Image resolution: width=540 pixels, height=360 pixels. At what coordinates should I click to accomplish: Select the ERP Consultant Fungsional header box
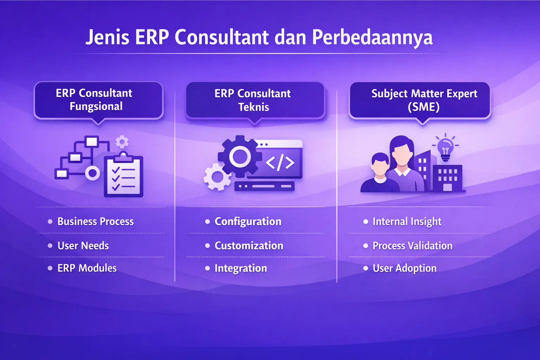98,100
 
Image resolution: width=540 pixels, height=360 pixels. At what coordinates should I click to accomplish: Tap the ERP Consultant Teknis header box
255,100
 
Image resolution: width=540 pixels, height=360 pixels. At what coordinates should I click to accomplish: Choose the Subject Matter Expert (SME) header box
420,100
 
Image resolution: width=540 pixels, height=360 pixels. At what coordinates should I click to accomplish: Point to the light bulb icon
445,148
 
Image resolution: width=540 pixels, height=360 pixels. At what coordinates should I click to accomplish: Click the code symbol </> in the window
280,162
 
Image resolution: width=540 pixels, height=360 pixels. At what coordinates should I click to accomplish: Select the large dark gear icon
240,156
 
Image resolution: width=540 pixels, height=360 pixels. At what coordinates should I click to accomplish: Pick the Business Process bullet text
95,221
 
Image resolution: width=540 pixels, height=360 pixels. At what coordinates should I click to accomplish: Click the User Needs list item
83,246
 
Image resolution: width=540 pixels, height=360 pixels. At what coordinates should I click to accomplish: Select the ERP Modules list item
87,268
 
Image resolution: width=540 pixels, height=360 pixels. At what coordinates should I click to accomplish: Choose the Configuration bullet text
248,221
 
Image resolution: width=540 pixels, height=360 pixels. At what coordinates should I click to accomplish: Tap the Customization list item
249,246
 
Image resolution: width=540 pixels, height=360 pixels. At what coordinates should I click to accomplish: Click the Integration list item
240,268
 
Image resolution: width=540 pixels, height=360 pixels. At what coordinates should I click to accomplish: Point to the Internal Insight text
407,221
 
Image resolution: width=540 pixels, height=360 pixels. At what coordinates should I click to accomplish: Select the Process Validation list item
412,246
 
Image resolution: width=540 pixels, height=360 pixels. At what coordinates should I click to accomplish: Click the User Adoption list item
404,268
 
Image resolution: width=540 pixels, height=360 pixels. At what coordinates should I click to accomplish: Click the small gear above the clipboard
122,142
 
